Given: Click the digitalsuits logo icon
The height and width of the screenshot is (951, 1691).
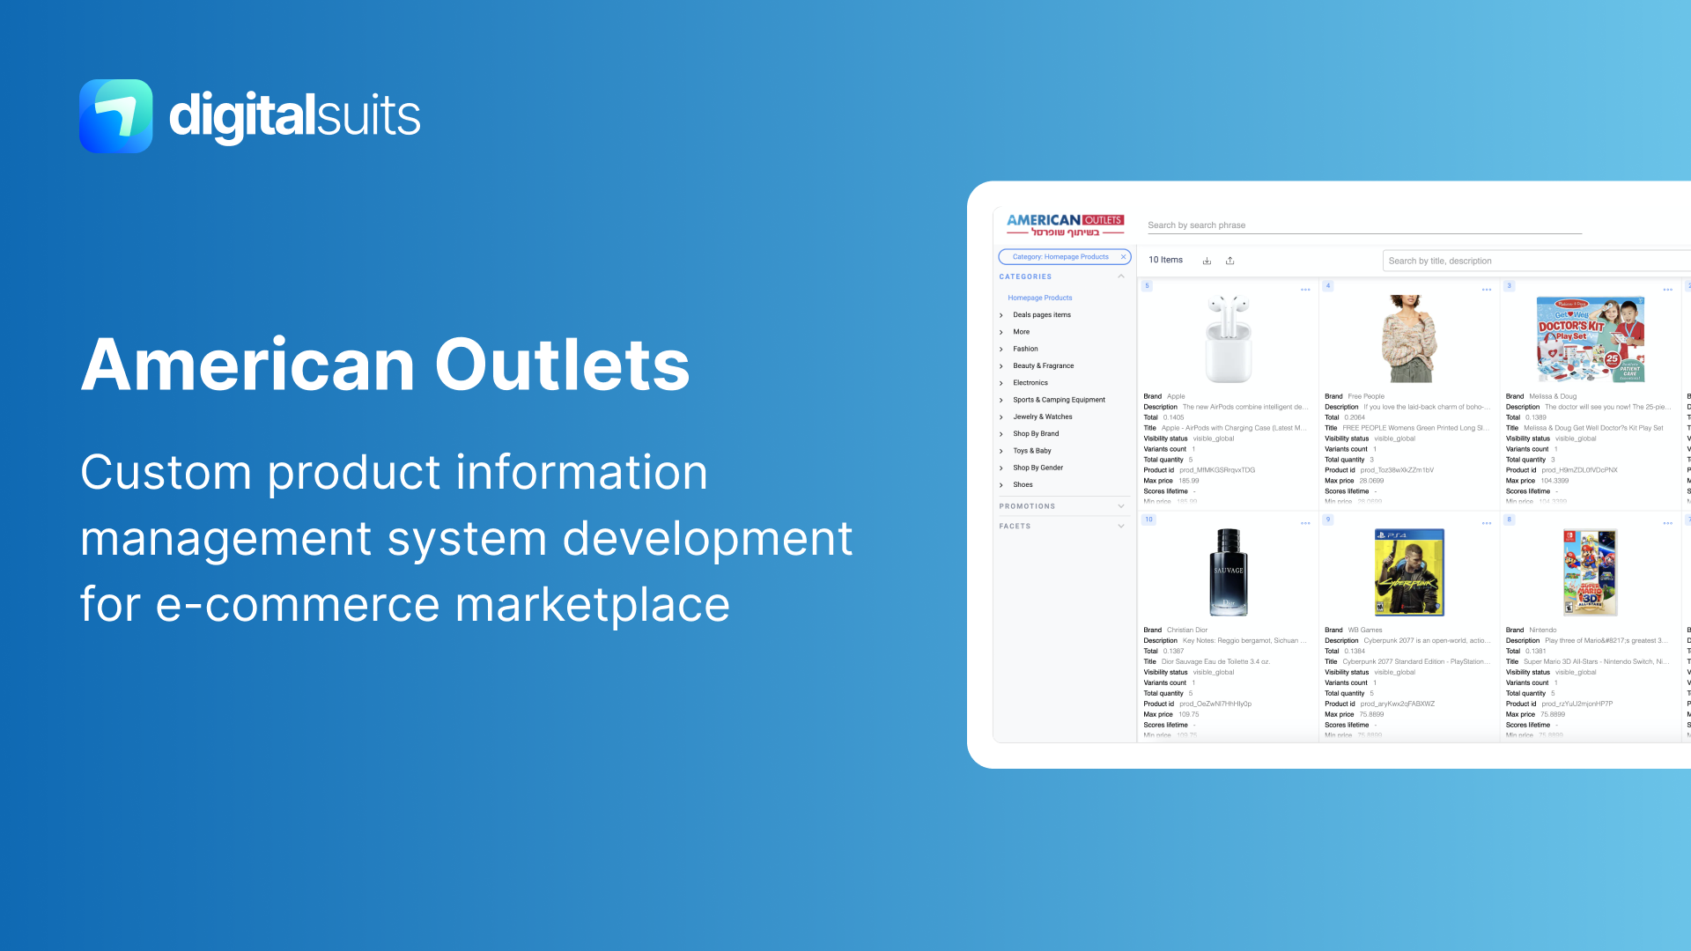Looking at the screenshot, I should [x=115, y=115].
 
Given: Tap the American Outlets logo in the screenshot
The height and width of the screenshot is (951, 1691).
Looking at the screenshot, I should [x=1065, y=225].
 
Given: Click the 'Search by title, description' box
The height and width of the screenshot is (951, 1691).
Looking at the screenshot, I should [x=1532, y=261].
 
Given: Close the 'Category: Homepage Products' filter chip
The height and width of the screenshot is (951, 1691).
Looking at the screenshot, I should [x=1123, y=257].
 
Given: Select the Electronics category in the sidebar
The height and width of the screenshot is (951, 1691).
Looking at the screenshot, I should [x=1030, y=383].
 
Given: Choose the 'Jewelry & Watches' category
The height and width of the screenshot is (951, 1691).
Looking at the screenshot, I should [x=1042, y=417].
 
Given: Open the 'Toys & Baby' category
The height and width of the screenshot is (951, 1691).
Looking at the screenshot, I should [x=1031, y=451].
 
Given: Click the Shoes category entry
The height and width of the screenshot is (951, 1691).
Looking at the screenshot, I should [x=1023, y=485].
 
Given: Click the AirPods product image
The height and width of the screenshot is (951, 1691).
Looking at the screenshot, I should [x=1228, y=339].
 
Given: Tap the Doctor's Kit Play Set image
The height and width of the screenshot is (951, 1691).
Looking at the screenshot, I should [x=1590, y=339].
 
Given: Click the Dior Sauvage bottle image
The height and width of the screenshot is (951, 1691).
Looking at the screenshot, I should [x=1228, y=572].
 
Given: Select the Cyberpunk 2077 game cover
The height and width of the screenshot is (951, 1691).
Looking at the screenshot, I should [x=1409, y=572].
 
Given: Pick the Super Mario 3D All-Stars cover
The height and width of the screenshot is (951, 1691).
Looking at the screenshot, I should [x=1590, y=572].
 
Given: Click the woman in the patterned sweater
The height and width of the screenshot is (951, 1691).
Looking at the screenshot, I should [x=1409, y=339].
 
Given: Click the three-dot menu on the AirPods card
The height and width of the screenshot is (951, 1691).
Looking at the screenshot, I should [x=1305, y=290].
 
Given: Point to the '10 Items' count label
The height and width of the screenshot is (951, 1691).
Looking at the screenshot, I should [x=1165, y=261].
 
